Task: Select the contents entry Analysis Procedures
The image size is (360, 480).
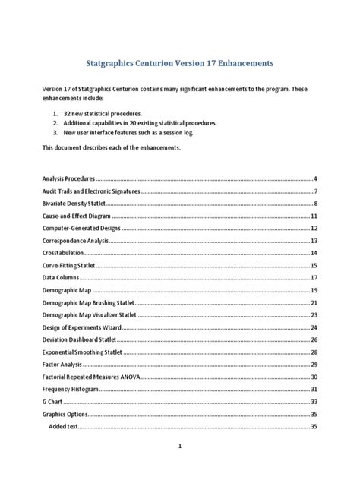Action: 68,178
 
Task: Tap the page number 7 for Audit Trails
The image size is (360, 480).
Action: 314,191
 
